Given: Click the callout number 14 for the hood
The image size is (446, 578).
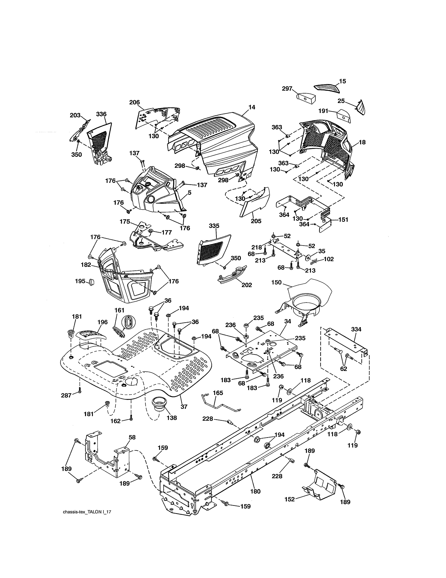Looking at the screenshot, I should coord(252,107).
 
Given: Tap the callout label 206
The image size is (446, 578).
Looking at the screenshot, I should coord(134,102).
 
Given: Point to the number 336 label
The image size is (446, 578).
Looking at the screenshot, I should coord(101,114).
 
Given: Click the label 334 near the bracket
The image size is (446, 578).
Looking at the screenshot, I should coord(356,329).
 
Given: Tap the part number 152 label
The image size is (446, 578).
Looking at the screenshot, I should coord(290,499).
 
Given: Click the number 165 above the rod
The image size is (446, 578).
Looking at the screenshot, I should coord(218,393).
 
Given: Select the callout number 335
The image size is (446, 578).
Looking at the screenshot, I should coord(214,226).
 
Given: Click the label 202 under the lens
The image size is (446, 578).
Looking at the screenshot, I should coord(246,285).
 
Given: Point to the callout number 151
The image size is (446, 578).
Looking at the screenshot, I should coord(343,219).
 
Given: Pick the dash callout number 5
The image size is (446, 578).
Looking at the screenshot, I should coord(189,193).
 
